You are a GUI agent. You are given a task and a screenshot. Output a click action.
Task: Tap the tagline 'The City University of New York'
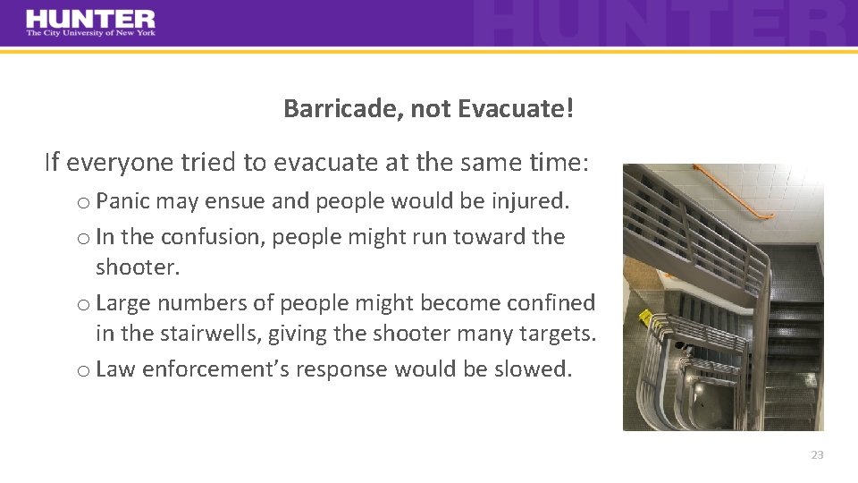click(x=90, y=34)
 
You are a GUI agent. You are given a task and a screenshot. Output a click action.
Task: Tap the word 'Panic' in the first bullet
click(x=122, y=200)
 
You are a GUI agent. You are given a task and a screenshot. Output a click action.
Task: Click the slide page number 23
click(x=817, y=455)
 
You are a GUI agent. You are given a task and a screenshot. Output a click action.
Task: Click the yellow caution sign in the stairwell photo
click(x=644, y=317)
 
